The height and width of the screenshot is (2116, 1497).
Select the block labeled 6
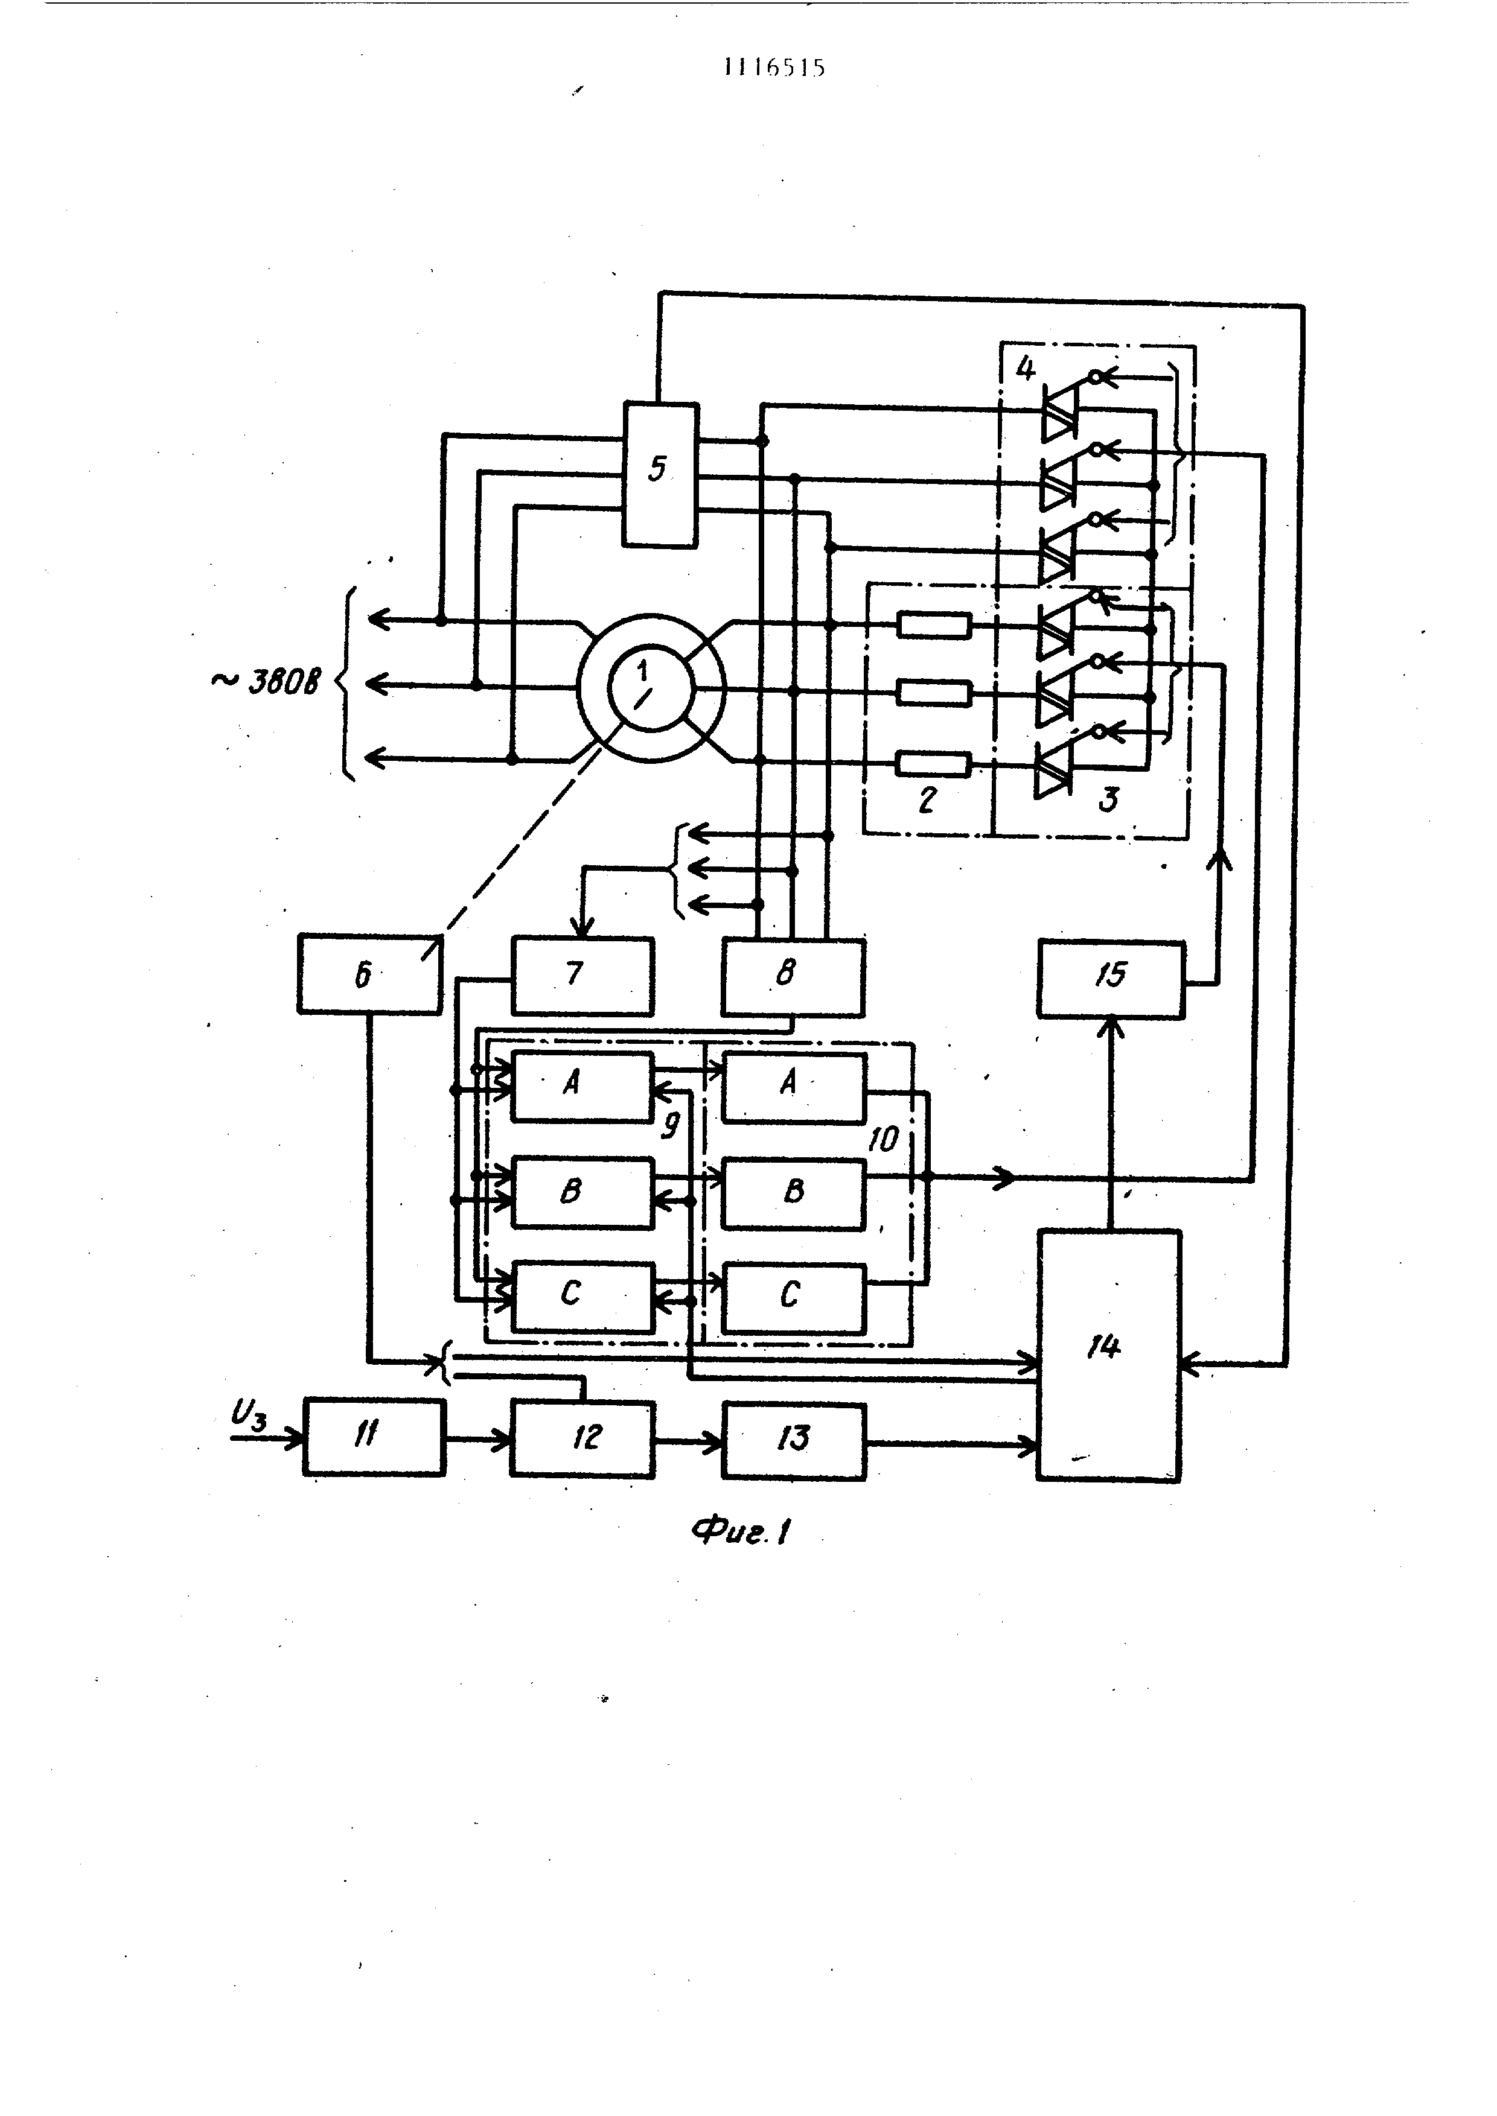click(x=369, y=974)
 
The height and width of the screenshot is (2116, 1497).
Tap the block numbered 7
click(x=582, y=974)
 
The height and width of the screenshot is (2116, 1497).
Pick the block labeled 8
click(x=792, y=976)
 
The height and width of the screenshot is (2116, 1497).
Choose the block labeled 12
click(x=583, y=1438)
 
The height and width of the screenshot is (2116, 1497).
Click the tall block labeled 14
click(x=1108, y=1354)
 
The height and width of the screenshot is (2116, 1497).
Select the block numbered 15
click(x=1110, y=978)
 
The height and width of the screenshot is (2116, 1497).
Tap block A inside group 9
click(x=582, y=1085)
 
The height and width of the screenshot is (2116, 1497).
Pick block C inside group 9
click(x=582, y=1296)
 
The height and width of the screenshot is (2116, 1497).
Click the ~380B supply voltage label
click(x=267, y=682)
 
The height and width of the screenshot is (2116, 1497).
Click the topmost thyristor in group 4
click(x=1058, y=413)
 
